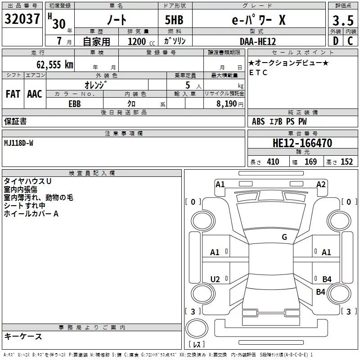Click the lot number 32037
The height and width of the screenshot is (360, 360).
22,19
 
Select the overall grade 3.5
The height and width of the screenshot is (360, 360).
343,21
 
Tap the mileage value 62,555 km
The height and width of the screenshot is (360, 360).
55,65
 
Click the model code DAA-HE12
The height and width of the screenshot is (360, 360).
258,41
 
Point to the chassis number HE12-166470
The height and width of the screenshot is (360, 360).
302,143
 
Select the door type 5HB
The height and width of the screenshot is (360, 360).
174,20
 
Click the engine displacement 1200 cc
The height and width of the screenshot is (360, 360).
141,41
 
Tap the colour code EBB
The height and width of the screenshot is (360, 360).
75,104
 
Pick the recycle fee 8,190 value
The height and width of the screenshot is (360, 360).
226,104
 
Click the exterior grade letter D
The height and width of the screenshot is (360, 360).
336,41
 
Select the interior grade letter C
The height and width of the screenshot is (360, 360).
350,41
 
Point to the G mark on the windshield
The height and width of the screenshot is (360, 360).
284,237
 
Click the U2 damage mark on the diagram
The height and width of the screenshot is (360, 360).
215,279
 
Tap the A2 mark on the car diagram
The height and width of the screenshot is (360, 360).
321,184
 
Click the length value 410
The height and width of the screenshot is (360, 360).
273,162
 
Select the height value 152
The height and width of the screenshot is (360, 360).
346,162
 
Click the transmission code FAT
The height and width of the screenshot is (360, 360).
13,94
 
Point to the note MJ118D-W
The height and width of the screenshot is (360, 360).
18,143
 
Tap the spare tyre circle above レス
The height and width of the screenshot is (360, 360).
197,328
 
